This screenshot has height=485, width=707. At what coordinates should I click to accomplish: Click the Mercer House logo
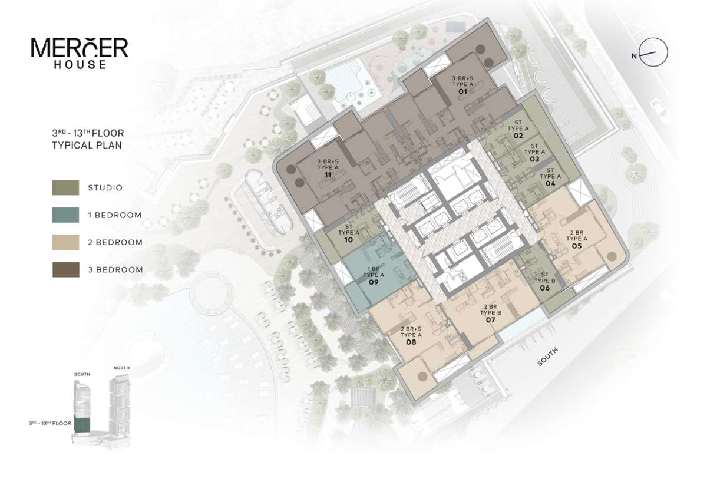coord(80,53)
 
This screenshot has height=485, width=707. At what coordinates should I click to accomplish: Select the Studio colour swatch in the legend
coord(65,187)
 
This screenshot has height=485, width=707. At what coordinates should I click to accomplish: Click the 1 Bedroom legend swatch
coord(65,215)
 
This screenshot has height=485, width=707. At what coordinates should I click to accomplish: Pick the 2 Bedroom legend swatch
coord(65,242)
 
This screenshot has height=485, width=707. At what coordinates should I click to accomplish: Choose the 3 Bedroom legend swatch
coord(65,270)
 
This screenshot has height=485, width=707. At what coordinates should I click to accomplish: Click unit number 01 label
coord(462,91)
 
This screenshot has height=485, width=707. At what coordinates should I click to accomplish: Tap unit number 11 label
coord(328,174)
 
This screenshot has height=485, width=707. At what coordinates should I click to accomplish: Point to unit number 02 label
coord(518,136)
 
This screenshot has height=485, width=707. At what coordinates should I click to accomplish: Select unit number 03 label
coord(534,159)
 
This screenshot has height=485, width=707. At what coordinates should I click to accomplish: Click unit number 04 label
coord(550,183)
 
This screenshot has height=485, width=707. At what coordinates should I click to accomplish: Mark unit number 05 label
coord(577,246)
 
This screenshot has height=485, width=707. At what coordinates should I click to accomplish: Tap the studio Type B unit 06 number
coord(545,288)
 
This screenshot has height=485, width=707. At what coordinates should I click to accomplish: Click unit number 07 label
coord(490,320)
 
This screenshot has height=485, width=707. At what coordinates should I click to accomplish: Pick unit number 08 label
coord(411,342)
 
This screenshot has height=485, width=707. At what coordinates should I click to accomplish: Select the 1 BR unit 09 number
coord(374,282)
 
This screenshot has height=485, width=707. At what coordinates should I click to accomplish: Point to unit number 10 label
coord(348,240)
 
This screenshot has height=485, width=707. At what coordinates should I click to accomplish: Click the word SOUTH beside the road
coord(547,357)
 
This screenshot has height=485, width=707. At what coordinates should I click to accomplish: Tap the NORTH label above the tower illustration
coord(121,368)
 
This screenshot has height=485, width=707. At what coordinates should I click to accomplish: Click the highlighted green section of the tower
coord(82,425)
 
